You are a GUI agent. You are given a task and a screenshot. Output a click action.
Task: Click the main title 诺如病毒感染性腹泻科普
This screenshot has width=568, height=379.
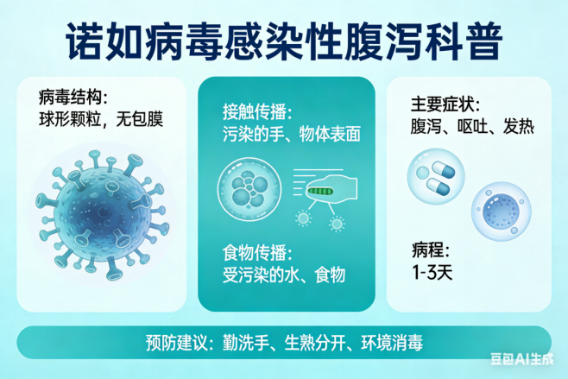pos(284,41)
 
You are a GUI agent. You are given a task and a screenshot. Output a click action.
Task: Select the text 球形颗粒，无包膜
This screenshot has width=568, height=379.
pos(101,119)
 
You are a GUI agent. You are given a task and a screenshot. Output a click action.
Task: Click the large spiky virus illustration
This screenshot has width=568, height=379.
pos(102,214)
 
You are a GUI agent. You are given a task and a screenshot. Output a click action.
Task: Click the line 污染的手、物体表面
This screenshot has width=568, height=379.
pos(292,134)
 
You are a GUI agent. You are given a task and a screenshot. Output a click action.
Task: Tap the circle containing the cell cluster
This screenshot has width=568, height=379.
pos(249,189)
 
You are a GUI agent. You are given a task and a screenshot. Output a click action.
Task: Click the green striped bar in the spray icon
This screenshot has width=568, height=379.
pos(320,191)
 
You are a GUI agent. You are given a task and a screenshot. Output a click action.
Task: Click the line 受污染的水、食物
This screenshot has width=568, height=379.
pos(284,275)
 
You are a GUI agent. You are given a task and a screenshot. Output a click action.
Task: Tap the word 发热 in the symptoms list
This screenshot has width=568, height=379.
pos(519,126)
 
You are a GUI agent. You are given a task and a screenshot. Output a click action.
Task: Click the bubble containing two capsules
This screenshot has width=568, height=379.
pos(436,176)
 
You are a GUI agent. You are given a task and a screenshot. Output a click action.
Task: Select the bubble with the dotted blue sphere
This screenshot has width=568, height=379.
pos(501,212)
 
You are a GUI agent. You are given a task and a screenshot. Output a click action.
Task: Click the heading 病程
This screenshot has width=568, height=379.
pos(426,250)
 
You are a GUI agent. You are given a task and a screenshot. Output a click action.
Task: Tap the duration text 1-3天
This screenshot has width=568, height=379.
pos(432,272)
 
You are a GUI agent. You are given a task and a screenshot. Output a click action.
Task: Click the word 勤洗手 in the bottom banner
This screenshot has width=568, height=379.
pos(245,343)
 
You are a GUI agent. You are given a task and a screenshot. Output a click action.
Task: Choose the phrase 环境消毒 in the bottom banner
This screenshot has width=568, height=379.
pos(392,343)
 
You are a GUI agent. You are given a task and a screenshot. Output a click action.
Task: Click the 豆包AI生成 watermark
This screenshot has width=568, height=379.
pos(522,359)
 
